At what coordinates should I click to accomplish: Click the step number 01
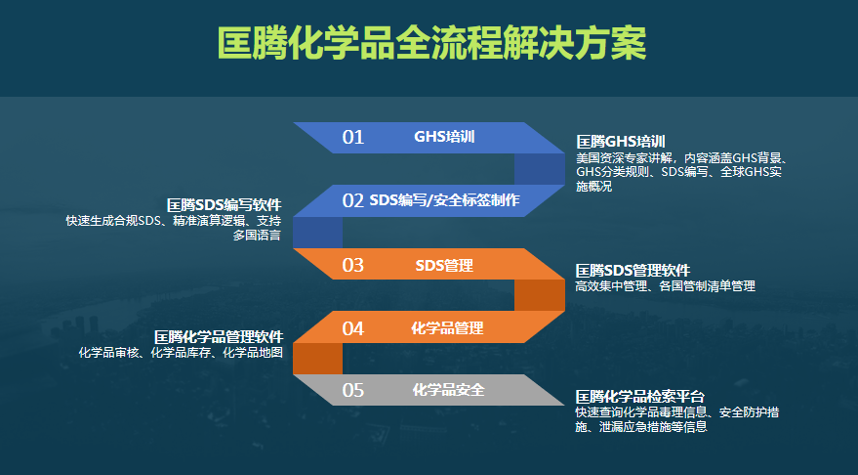[352, 137]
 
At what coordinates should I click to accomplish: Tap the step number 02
[352, 200]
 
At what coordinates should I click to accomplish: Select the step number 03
[352, 265]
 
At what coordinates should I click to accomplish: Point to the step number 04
[352, 328]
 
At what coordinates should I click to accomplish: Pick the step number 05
[352, 391]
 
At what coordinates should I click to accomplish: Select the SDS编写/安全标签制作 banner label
[444, 200]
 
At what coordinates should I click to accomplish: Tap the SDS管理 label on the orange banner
[444, 265]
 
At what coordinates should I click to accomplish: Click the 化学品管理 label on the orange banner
[447, 328]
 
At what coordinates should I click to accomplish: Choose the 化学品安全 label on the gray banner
[448, 391]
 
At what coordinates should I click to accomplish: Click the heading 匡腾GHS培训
[621, 142]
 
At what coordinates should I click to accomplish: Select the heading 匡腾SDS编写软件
[224, 205]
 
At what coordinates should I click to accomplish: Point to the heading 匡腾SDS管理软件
[633, 270]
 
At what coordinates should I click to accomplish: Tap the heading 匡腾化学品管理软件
[218, 336]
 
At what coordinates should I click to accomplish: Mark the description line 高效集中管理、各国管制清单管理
[665, 286]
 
